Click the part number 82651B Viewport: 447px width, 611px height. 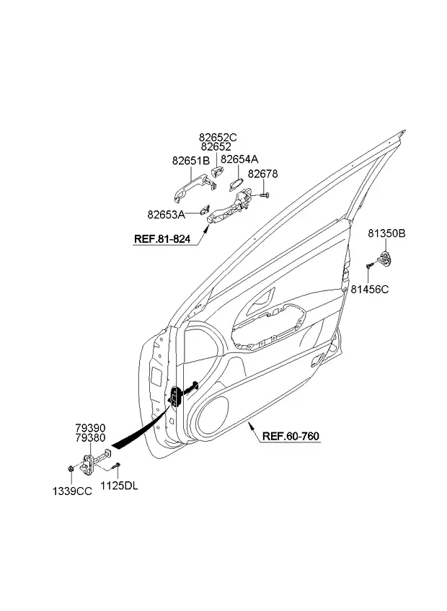click(x=191, y=161)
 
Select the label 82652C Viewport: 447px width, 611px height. click(x=218, y=138)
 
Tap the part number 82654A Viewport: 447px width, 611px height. click(x=239, y=159)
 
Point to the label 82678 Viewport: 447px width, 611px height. click(x=263, y=174)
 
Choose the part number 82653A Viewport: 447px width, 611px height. click(x=166, y=215)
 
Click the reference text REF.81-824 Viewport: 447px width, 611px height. click(x=162, y=239)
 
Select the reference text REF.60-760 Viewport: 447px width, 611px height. click(x=291, y=436)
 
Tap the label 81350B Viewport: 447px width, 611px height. click(x=387, y=233)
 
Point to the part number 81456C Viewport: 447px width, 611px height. click(x=370, y=290)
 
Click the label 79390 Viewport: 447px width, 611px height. click(x=91, y=429)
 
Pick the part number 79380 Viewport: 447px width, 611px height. click(x=91, y=438)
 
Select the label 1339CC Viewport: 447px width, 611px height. click(x=73, y=492)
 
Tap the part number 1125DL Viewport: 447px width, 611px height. click(x=119, y=486)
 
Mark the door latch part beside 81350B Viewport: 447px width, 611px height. click(x=385, y=259)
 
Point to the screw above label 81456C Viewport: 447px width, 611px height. click(x=369, y=266)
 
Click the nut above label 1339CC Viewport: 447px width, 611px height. click(x=70, y=468)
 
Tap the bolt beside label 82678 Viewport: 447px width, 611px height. click(x=265, y=194)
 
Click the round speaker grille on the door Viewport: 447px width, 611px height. click(x=212, y=416)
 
